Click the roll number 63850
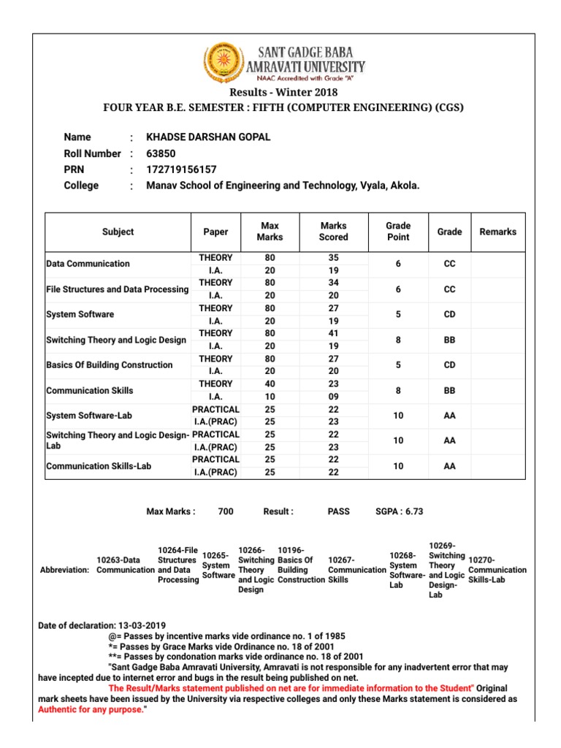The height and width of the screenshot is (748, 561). [x=161, y=153]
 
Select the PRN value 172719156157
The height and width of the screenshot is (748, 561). [x=181, y=169]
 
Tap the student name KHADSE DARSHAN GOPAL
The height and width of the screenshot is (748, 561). [x=209, y=137]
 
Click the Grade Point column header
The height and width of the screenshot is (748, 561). [x=398, y=232]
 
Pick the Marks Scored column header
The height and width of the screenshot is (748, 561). [x=334, y=232]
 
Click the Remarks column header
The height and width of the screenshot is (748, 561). [x=498, y=232]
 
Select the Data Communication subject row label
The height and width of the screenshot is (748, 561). [x=88, y=264]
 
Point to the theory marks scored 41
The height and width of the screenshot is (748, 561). [x=334, y=334]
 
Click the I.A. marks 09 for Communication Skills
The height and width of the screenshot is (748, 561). [x=334, y=397]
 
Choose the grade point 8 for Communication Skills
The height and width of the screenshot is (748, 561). [x=398, y=391]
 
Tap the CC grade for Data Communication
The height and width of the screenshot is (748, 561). [x=449, y=264]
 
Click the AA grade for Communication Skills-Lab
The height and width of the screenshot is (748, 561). [x=449, y=466]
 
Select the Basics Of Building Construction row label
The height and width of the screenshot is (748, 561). [x=110, y=365]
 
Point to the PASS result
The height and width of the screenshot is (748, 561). [x=339, y=511]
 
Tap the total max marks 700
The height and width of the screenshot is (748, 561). [x=226, y=511]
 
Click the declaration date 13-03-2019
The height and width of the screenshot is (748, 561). [x=142, y=626]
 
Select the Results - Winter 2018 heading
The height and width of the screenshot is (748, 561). [x=284, y=92]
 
